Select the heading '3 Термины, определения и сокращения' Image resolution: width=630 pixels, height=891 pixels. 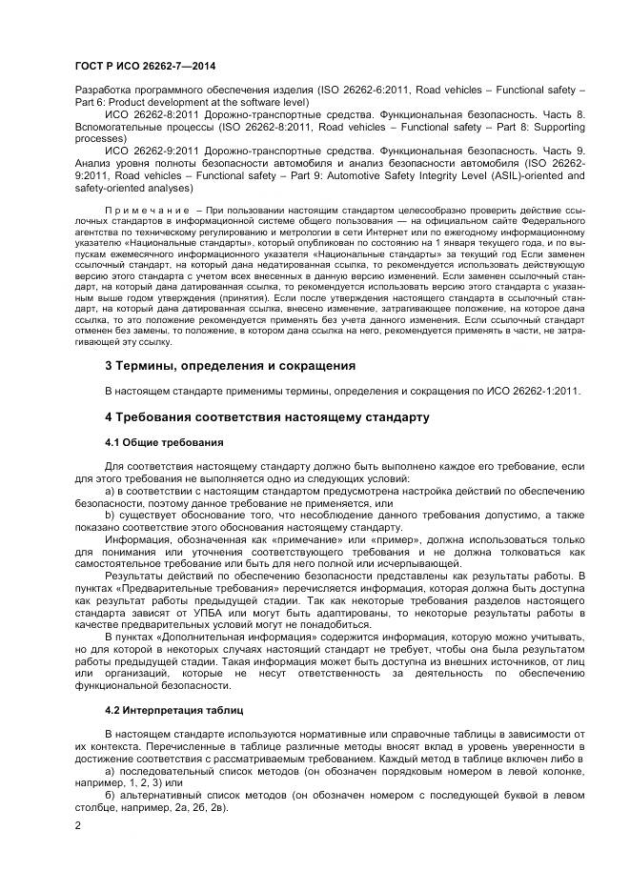[230, 365]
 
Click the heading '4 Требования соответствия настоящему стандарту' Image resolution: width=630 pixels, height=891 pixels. [267, 416]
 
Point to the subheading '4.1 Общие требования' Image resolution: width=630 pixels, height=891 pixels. [164, 442]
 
